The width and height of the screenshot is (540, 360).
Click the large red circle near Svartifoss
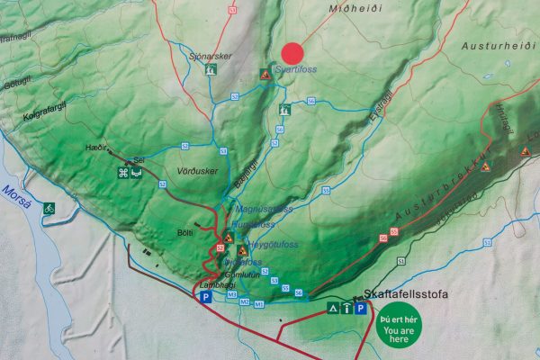coord(292,54)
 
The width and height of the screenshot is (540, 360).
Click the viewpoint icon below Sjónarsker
coord(211,68)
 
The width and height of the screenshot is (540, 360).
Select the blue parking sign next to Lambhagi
coord(205,297)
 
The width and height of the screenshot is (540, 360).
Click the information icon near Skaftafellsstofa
coord(347,309)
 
